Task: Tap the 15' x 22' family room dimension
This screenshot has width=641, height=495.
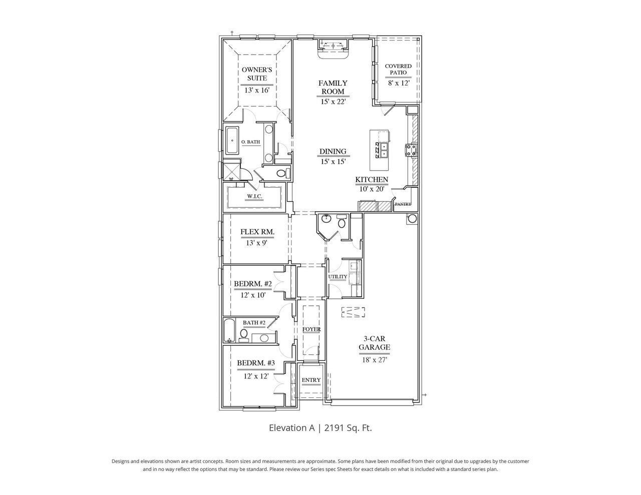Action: pos(333,102)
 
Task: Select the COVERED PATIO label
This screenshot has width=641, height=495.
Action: pos(398,69)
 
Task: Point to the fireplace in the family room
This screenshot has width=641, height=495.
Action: pos(333,48)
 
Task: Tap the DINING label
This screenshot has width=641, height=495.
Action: pos(333,152)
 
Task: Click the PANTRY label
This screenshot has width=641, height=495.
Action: pos(403,204)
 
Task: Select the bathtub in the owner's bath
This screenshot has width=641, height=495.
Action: pos(232,141)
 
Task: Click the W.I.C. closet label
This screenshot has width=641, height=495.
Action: pos(254,196)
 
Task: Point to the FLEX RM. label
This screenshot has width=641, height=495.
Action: pos(257,232)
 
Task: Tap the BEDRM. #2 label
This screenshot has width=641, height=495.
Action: pos(253,284)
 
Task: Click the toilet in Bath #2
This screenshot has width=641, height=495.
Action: pos(244,333)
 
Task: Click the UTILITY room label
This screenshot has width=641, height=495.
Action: pos(338,277)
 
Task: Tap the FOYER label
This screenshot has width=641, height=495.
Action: pos(311,329)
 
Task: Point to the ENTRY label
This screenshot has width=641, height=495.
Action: pos(311,380)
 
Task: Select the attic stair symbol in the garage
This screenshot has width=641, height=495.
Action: pos(354,312)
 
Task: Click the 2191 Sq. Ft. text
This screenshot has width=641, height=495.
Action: pos(348,428)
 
